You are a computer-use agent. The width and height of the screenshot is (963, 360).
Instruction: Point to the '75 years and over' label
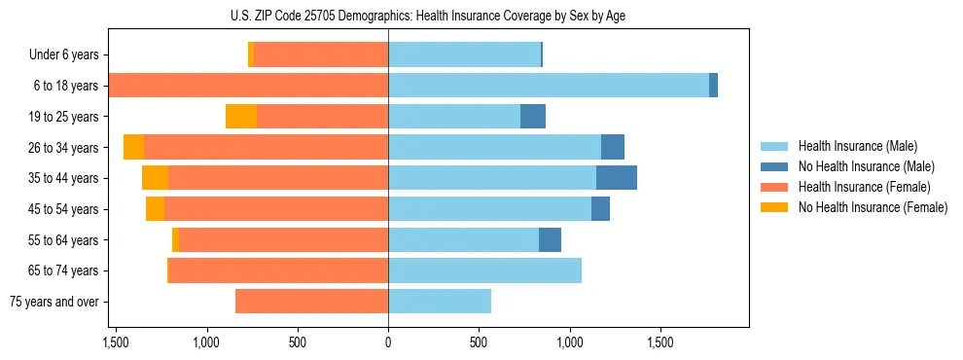click(x=54, y=302)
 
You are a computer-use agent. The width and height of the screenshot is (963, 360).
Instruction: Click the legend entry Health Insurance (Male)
click(x=857, y=146)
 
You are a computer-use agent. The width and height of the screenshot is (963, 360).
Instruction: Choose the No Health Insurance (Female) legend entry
click(x=873, y=207)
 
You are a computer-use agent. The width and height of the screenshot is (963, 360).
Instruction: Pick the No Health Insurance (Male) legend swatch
click(x=774, y=166)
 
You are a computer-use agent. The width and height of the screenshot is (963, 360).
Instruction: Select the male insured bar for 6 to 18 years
click(x=549, y=86)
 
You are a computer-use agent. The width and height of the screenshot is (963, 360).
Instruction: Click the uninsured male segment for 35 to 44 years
click(x=617, y=178)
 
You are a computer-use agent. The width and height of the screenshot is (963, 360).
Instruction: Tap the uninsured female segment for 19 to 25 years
click(x=241, y=117)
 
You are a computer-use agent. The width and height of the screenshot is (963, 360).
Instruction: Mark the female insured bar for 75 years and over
click(x=311, y=302)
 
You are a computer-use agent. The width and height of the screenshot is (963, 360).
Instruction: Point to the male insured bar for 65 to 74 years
click(x=484, y=270)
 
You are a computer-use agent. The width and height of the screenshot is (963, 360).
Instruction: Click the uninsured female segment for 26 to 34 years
click(x=133, y=147)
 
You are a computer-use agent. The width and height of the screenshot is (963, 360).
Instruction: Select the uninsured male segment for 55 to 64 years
click(x=550, y=239)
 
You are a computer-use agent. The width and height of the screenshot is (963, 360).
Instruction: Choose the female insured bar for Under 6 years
click(x=321, y=54)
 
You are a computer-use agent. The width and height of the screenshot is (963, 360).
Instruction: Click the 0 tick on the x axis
click(x=388, y=342)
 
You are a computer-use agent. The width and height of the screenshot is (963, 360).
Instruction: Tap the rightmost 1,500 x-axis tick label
click(x=660, y=342)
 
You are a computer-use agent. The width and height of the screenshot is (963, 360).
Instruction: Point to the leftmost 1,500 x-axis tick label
click(x=116, y=342)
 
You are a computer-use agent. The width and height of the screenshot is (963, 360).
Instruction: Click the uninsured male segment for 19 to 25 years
click(x=533, y=117)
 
